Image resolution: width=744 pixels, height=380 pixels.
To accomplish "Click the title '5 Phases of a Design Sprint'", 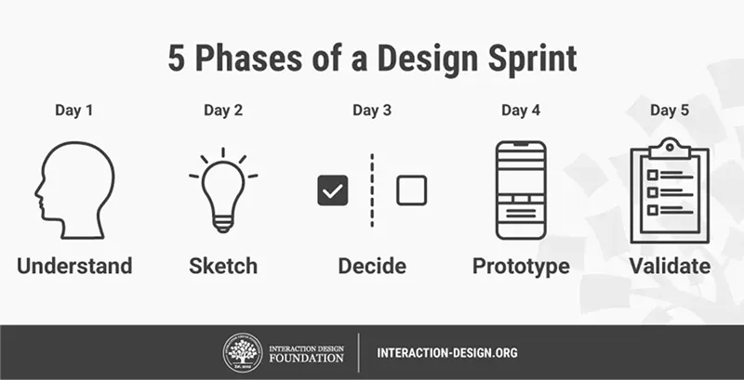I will tap(372, 58).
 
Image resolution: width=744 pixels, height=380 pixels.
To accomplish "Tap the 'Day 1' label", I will tap(74, 111).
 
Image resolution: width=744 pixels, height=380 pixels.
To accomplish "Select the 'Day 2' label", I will tap(223, 111).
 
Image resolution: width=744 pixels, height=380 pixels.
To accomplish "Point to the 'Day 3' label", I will tap(372, 111).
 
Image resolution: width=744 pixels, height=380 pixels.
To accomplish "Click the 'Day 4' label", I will tap(521, 111).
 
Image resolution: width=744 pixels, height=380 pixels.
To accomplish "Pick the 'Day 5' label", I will tap(670, 111).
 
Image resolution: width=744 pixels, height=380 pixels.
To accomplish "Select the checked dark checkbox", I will tap(332, 190).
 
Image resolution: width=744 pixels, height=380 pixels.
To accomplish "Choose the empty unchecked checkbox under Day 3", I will tap(411, 190).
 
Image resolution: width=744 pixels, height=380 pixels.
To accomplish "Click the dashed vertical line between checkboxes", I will tap(372, 190).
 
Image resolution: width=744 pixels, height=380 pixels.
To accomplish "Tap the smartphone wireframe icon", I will tap(521, 190).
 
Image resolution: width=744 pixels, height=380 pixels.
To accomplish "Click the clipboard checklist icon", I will tap(670, 190).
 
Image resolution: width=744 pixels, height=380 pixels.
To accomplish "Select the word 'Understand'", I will tap(74, 267).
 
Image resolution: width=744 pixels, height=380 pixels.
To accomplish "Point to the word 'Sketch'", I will tap(223, 267).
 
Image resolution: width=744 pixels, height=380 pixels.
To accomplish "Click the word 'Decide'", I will tap(372, 267).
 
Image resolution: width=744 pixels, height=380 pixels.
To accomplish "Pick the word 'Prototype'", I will tap(521, 267).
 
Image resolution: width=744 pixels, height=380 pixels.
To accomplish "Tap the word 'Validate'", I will tap(670, 267).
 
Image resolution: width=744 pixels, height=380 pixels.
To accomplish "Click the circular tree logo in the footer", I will tap(242, 353).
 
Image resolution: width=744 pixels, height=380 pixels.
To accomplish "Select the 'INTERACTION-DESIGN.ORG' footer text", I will tap(447, 353).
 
